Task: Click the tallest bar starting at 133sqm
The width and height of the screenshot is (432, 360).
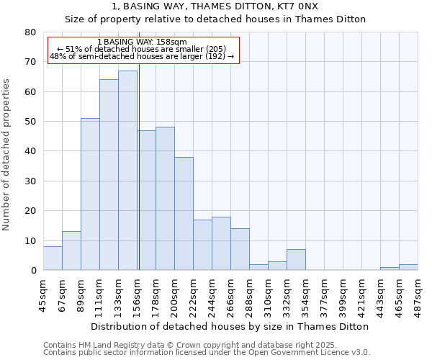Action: (127, 171)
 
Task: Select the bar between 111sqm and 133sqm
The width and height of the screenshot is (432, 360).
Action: (109, 175)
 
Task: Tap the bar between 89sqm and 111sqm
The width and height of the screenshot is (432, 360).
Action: (90, 194)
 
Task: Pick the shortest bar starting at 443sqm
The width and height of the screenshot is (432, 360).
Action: (390, 269)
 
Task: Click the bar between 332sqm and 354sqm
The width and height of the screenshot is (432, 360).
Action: (296, 260)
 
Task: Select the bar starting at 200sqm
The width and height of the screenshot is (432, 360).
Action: (184, 214)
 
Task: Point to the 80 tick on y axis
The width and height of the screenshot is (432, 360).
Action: (30, 32)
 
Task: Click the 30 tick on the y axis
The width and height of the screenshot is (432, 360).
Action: (30, 181)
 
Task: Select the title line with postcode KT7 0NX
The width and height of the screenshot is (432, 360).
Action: (215, 6)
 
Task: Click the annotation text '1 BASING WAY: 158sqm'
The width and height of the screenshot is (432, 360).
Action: (142, 42)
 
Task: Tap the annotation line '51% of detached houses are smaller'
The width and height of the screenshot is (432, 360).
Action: (142, 49)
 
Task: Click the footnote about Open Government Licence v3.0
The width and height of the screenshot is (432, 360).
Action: (207, 353)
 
